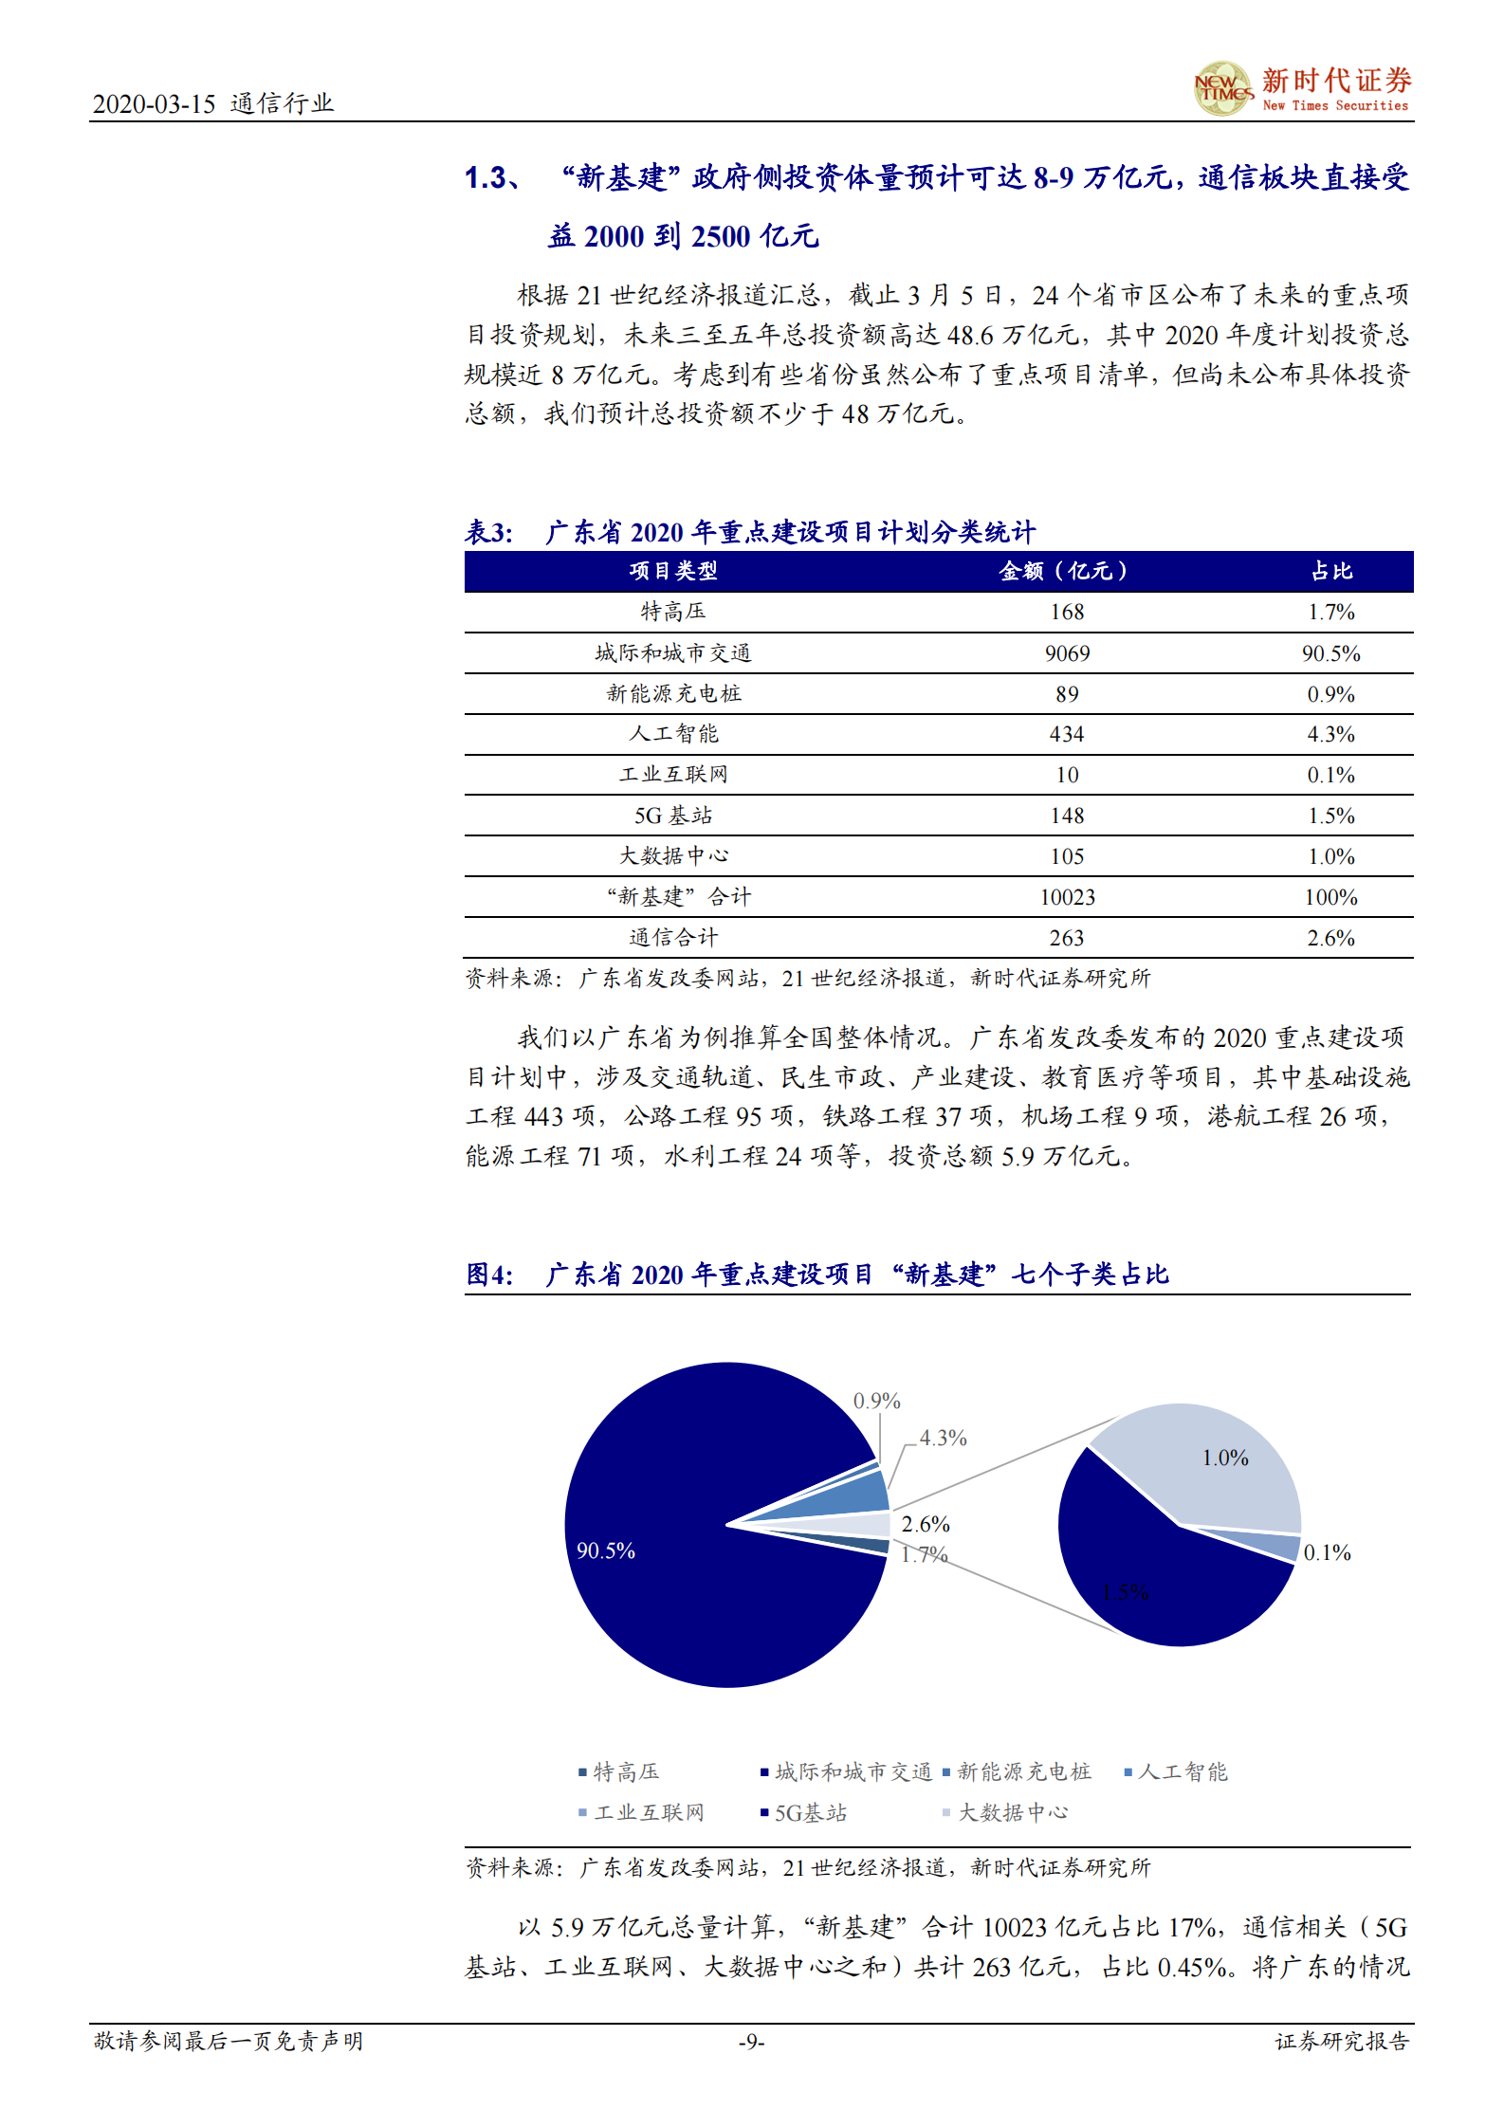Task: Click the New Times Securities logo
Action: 1301,89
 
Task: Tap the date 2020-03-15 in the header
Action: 154,103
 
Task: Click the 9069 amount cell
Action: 1067,653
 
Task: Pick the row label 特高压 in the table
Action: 672,612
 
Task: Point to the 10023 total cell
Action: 1067,897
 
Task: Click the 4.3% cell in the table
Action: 1330,734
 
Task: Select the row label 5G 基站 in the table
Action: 672,816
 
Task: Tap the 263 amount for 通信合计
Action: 1067,938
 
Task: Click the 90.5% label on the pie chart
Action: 606,1550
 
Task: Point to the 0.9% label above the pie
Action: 876,1401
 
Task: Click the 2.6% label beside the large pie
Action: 926,1524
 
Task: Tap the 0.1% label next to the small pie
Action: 1327,1552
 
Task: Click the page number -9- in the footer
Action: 751,2041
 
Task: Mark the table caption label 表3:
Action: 488,532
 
